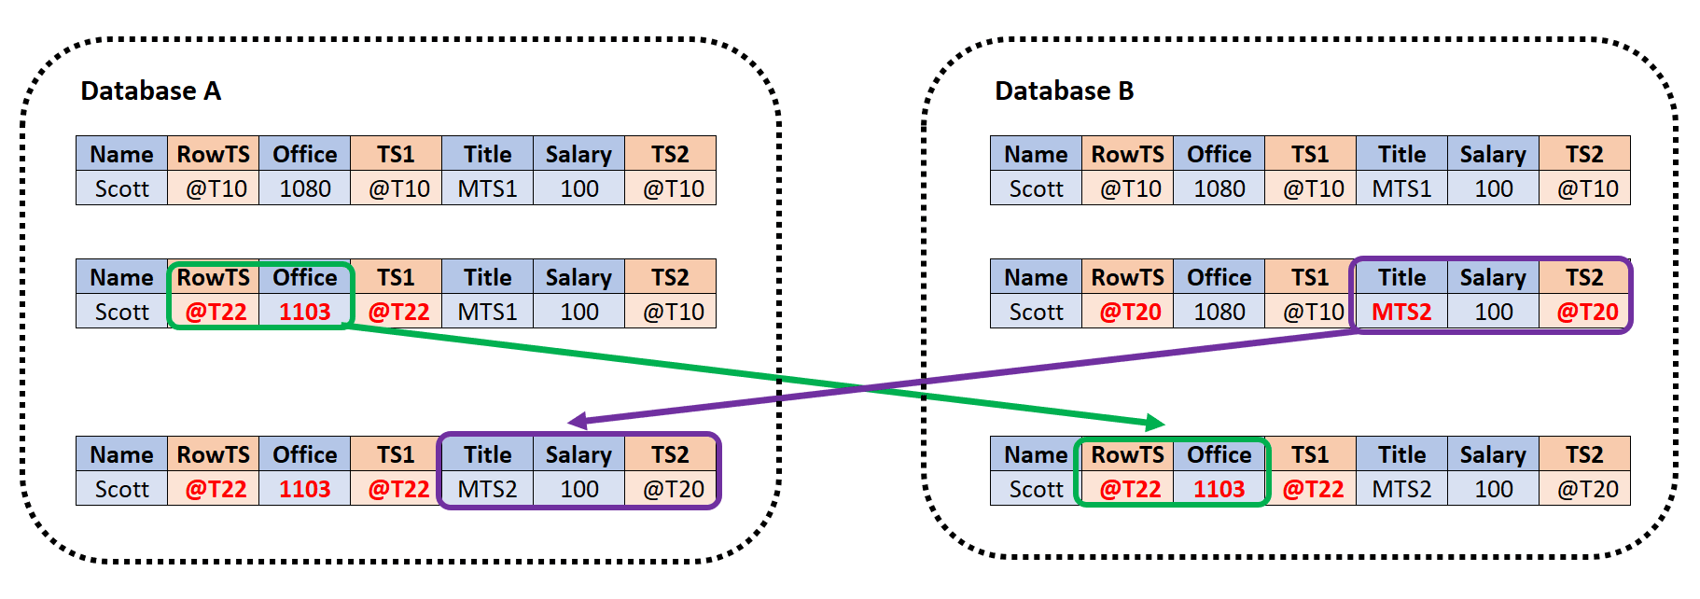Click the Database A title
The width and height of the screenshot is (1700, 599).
150,91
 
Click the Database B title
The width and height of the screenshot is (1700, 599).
1064,91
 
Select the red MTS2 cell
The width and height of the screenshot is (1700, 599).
1400,312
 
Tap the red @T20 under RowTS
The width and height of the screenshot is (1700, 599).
1129,312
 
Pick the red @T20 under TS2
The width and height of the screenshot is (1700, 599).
1586,312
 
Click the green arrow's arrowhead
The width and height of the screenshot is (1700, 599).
1156,423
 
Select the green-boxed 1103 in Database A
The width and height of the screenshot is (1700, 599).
304,312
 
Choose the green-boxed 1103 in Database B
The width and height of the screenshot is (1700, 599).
1219,489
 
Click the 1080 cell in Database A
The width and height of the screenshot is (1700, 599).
304,188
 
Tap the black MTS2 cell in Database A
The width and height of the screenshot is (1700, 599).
487,489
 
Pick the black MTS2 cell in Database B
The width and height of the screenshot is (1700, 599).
1400,489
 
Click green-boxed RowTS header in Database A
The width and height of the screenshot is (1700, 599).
214,277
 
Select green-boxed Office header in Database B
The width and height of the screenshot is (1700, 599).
1219,454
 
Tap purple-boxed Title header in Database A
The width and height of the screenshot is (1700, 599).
487,454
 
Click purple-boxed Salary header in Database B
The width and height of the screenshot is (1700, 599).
1492,277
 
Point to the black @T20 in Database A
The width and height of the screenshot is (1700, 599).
673,489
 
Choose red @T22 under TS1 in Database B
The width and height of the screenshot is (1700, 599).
1313,489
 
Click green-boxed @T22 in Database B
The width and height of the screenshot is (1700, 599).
1129,489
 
